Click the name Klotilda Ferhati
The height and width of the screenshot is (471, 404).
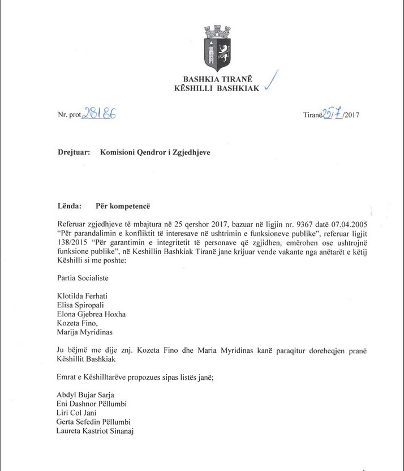[x=85, y=296]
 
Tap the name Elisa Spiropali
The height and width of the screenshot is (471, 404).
[x=81, y=306]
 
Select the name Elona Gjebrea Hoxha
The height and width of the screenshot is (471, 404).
[x=92, y=315]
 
